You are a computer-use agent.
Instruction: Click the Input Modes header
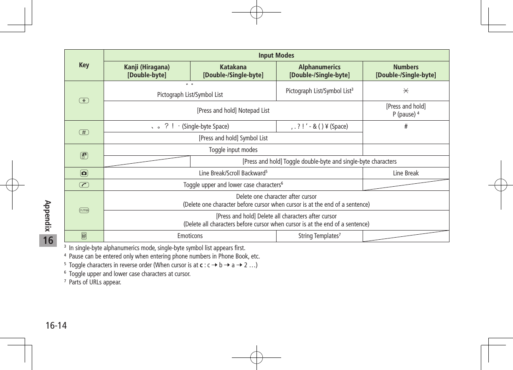coord(276,56)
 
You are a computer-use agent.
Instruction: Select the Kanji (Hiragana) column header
coord(147,71)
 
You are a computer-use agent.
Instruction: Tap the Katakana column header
coord(233,71)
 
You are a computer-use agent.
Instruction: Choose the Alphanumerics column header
coord(319,71)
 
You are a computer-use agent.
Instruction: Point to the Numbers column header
coord(406,71)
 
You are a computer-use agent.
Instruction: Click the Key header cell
coord(84,65)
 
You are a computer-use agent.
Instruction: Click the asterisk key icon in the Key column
coord(84,101)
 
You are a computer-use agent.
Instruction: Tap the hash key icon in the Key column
coord(84,132)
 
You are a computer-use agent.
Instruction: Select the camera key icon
coord(84,173)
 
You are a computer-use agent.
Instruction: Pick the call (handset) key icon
coord(84,185)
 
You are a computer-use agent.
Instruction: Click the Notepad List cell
coord(233,111)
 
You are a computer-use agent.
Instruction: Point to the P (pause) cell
coord(406,111)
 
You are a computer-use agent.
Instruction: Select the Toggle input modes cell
coord(233,150)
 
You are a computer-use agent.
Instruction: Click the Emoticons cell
coord(190,236)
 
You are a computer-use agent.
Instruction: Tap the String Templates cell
coord(319,236)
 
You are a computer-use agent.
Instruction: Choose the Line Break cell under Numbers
coord(406,173)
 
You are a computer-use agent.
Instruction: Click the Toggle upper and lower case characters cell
coord(233,185)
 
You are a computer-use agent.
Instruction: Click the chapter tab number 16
coord(48,241)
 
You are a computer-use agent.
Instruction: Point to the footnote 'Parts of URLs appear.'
coord(95,283)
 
